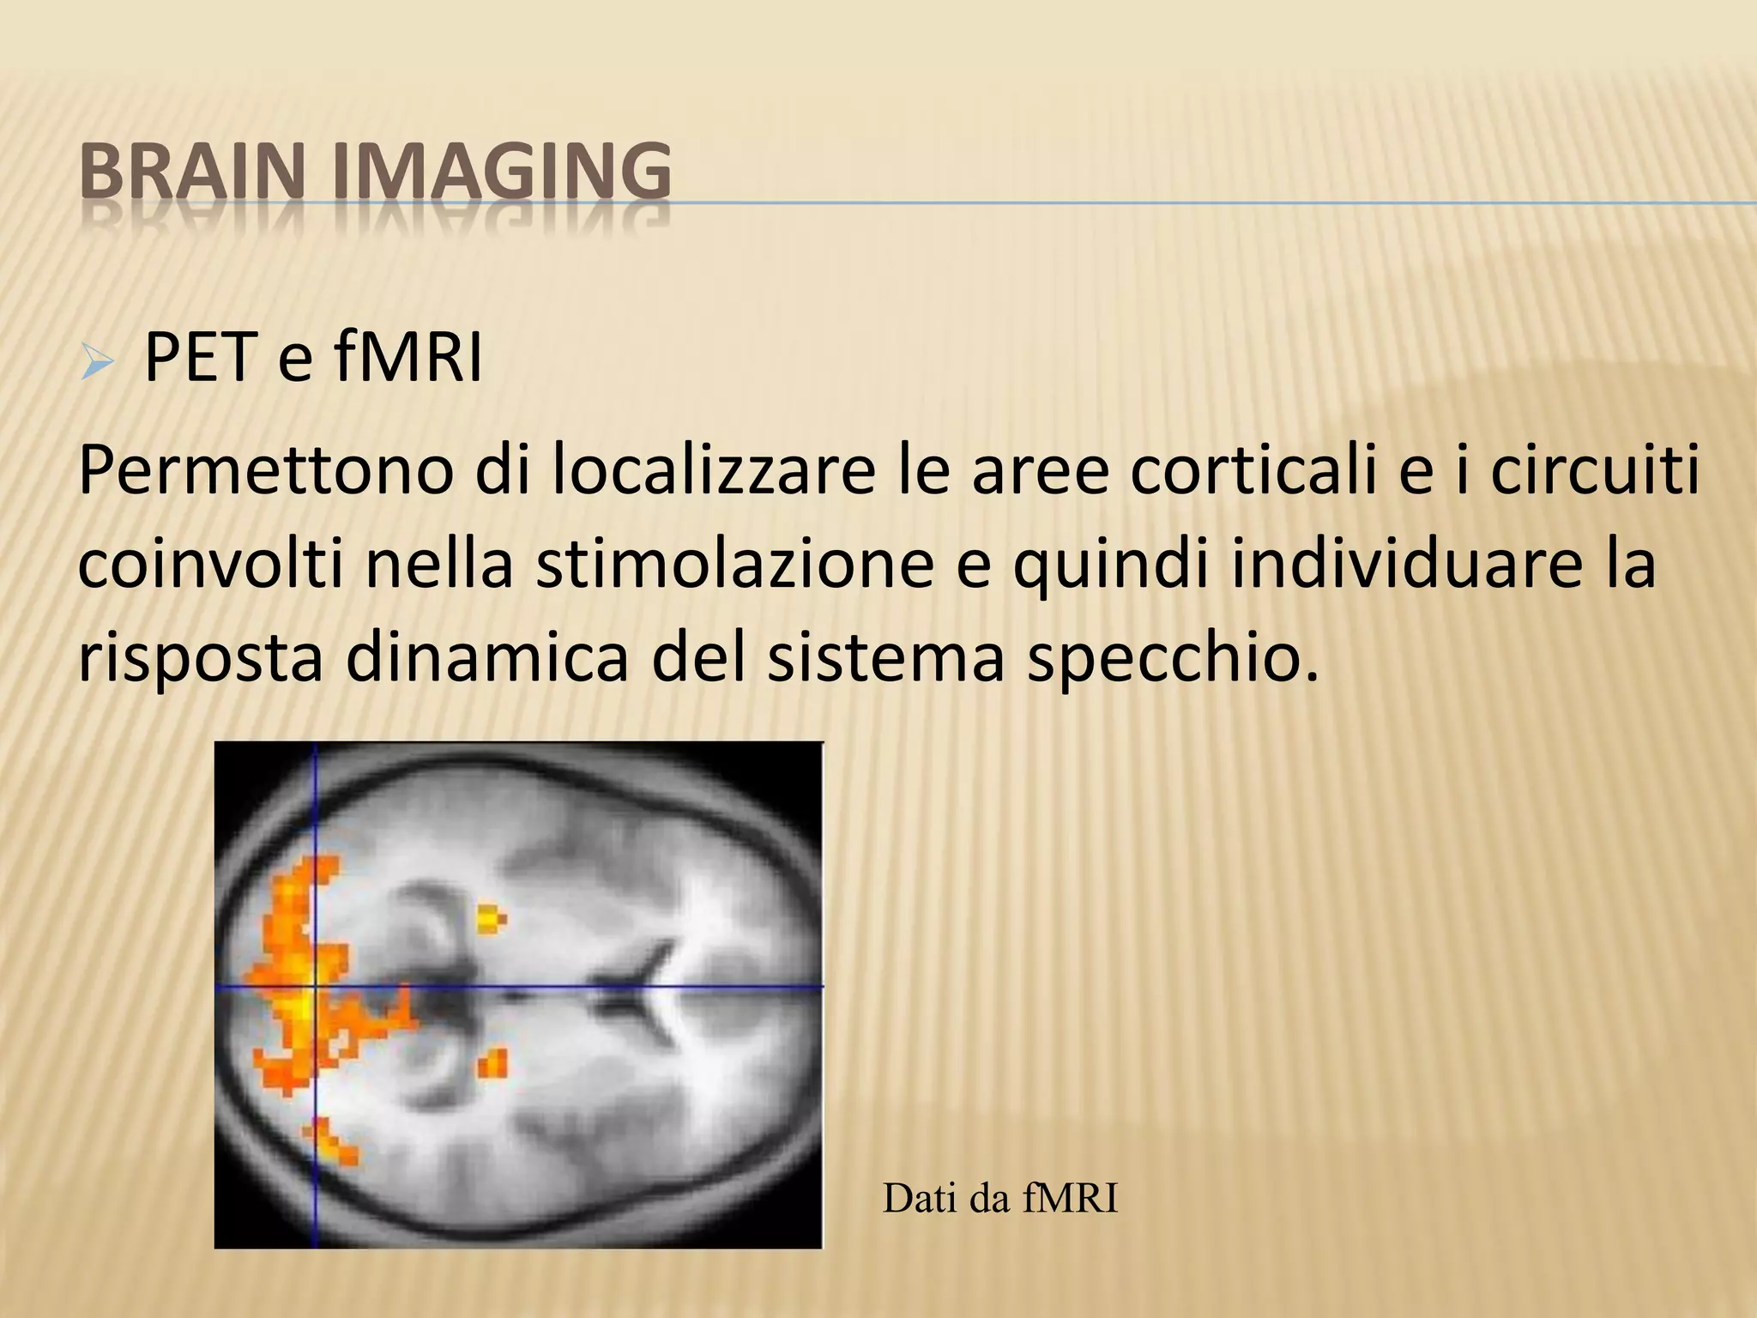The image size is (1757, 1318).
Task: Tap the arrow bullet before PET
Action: [95, 363]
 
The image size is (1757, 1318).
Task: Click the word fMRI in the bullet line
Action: [407, 358]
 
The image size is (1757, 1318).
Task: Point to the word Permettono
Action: [265, 473]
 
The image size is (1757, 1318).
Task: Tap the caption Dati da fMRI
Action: [1000, 1199]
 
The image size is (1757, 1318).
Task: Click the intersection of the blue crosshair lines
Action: [316, 987]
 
